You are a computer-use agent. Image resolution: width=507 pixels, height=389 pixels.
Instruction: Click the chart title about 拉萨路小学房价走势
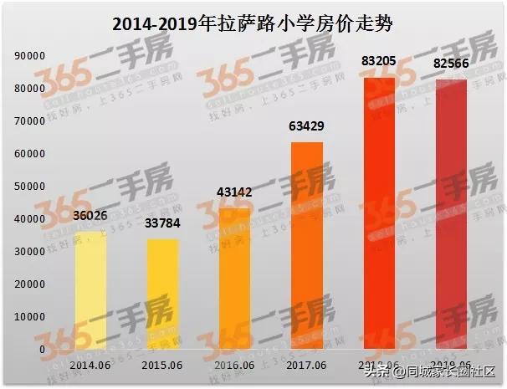click(x=253, y=24)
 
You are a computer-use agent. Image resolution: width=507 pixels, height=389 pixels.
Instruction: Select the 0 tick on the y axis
click(x=42, y=350)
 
